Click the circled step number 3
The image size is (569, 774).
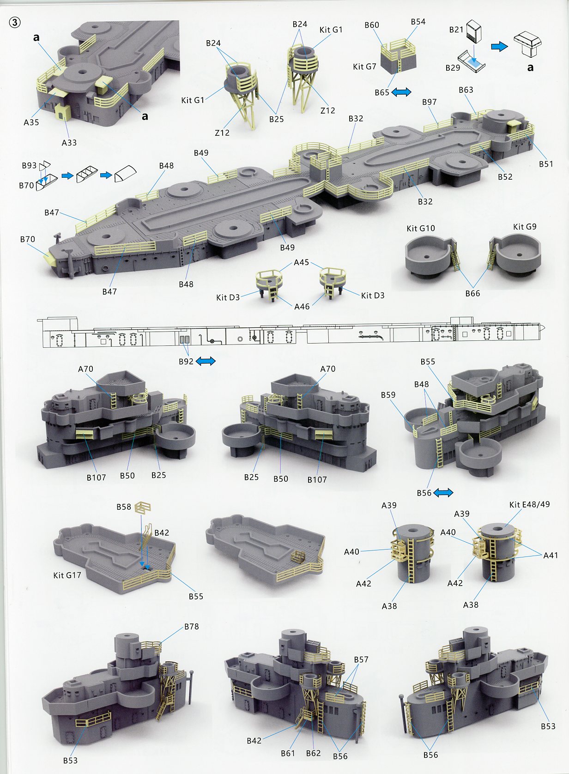coord(14,23)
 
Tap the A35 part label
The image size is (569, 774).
coord(31,122)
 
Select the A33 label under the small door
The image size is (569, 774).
coord(69,143)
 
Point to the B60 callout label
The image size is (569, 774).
coord(372,25)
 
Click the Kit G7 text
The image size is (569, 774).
coord(364,67)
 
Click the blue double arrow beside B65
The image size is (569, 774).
coord(401,92)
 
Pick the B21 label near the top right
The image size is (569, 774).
coord(456,30)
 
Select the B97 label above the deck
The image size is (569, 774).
coord(430,102)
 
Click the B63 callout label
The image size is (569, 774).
coord(466,90)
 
